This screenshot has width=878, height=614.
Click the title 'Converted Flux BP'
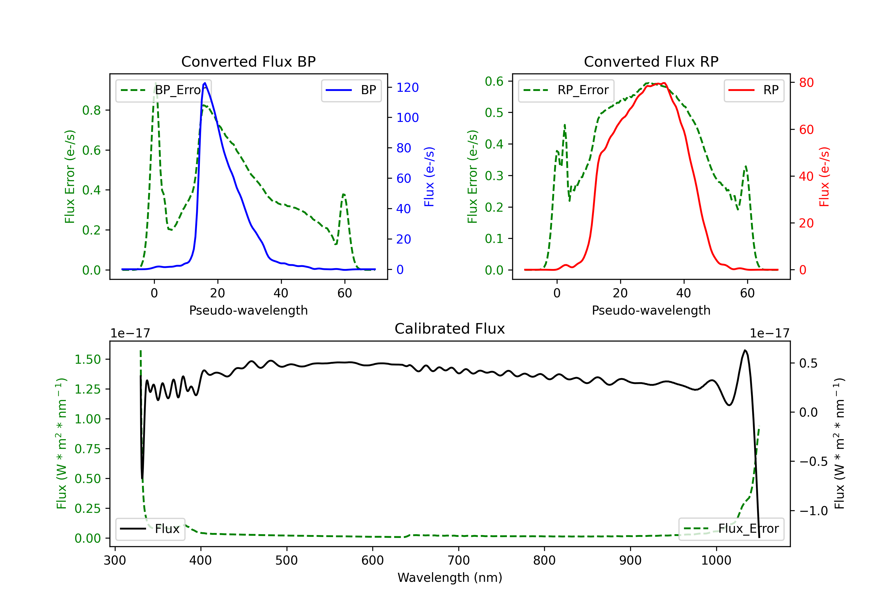(x=248, y=61)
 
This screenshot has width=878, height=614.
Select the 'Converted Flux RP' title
(x=651, y=61)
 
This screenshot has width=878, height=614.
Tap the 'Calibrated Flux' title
(x=450, y=329)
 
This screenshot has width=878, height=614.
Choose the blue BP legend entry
(x=351, y=90)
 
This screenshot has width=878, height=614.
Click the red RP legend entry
(x=754, y=90)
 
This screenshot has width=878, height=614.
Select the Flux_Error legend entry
(x=731, y=529)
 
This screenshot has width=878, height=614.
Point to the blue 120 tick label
(x=408, y=87)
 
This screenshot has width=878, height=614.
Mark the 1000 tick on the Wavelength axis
(x=716, y=560)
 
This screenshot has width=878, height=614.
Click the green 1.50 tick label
(x=88, y=360)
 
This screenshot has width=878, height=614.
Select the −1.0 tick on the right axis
(x=813, y=511)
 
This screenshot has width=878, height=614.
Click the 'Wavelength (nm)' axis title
(x=450, y=577)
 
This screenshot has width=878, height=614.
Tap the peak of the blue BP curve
(x=205, y=83)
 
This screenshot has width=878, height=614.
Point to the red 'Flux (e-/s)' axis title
(x=824, y=177)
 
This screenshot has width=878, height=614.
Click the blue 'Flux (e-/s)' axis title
(x=429, y=177)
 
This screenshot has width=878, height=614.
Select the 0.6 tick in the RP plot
(x=494, y=81)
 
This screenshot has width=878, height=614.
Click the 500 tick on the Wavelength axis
(x=287, y=560)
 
